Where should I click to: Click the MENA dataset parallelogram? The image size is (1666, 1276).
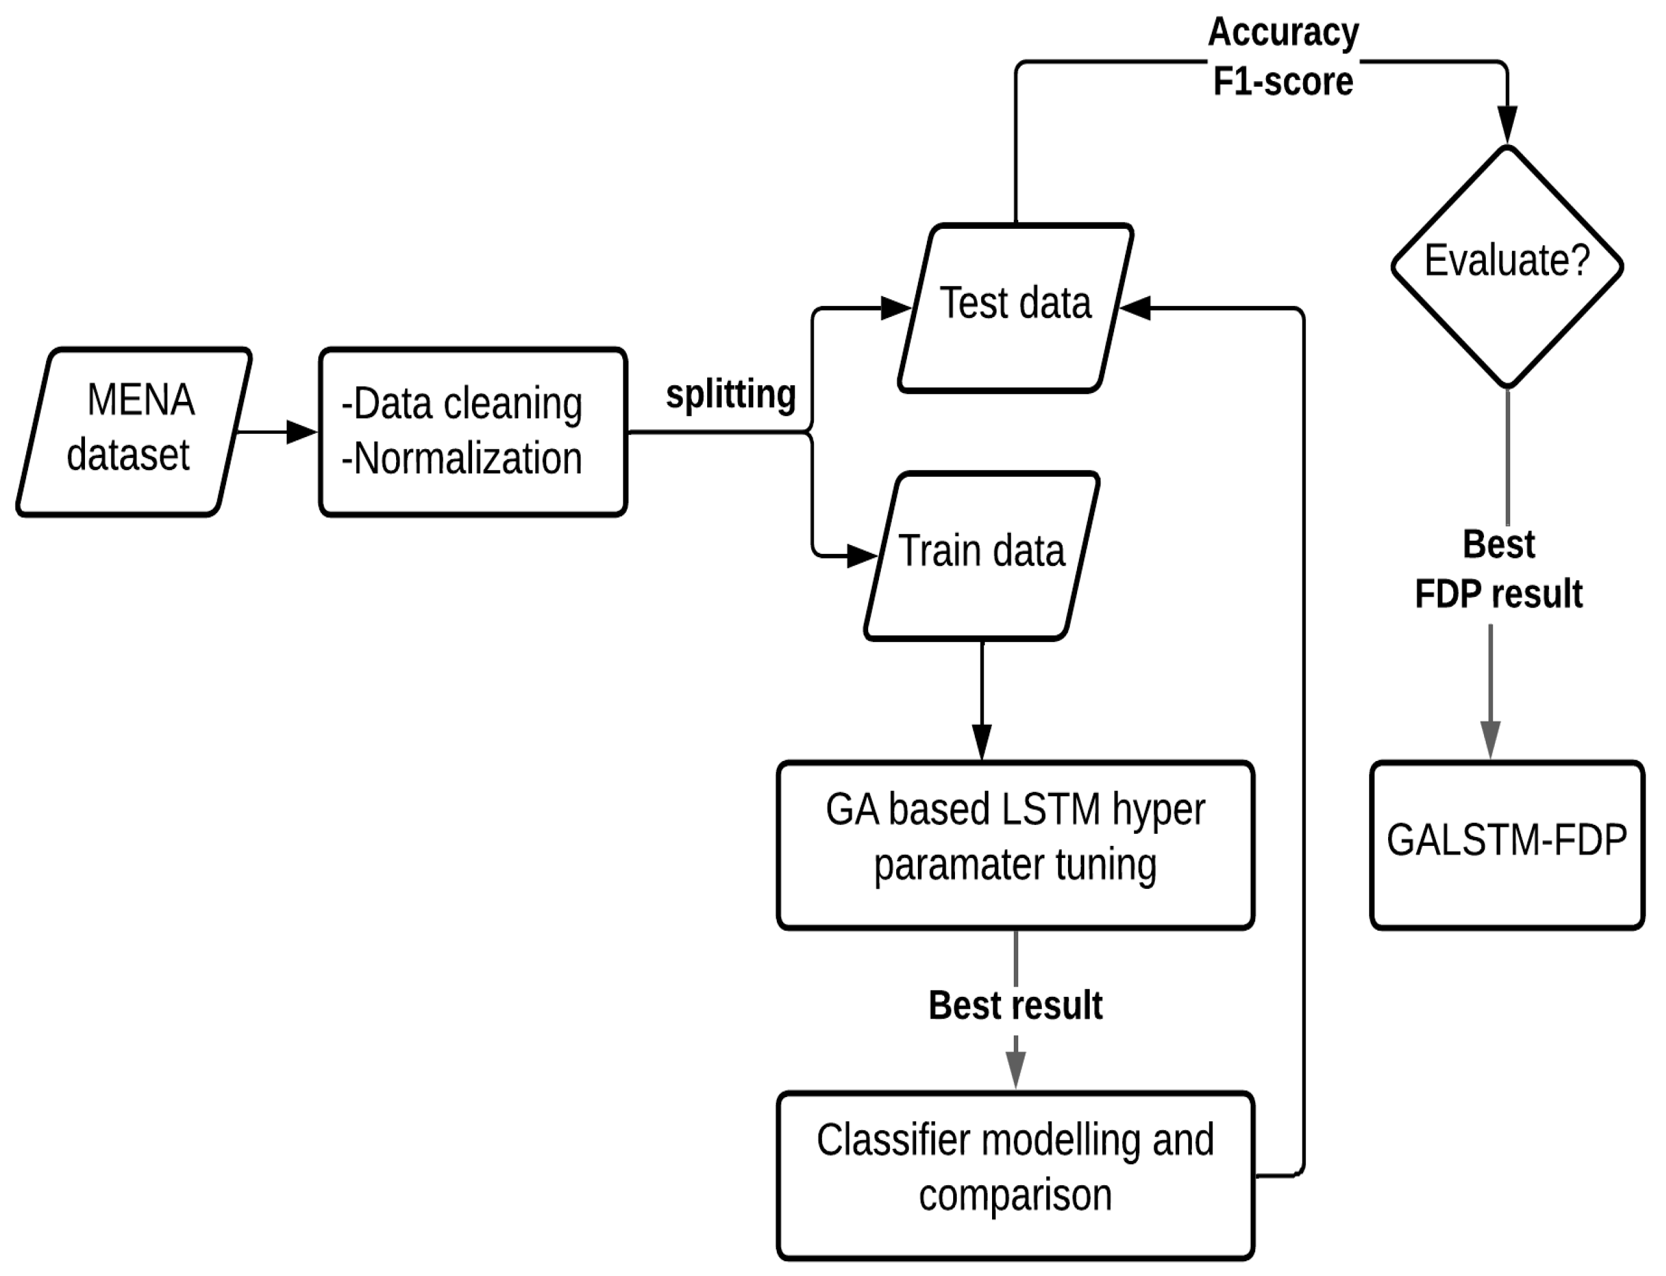coord(133,431)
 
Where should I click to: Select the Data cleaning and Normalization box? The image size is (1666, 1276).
coord(472,431)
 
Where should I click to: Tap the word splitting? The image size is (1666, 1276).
coord(731,395)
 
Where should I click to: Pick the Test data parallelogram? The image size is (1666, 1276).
coord(1015,307)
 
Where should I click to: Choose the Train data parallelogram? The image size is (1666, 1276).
coord(981,555)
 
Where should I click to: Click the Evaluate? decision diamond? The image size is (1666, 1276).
coord(1506,266)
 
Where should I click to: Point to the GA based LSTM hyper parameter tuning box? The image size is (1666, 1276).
coord(1014,844)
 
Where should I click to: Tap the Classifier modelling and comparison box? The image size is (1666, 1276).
coord(1014,1174)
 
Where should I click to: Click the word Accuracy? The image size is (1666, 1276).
coord(1283,32)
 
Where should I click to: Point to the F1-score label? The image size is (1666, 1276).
coord(1283,81)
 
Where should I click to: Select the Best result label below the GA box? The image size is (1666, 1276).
coord(1015,1005)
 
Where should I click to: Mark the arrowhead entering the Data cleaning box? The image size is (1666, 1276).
coord(302,432)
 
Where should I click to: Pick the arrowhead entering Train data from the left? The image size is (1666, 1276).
coord(862,556)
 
